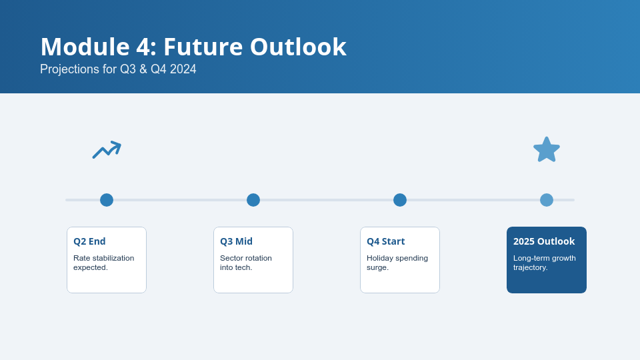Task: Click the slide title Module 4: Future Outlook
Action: click(193, 47)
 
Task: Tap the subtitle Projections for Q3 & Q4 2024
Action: click(118, 69)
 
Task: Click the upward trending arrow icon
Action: click(107, 150)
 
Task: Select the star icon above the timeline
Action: click(547, 150)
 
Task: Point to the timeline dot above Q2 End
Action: click(107, 200)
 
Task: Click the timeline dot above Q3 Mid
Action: click(253, 200)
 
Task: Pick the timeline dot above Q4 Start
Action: click(400, 200)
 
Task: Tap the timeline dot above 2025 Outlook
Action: click(547, 200)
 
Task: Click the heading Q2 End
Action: click(89, 241)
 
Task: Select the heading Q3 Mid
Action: click(236, 241)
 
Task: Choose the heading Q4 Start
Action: click(386, 241)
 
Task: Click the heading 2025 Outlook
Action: click(544, 241)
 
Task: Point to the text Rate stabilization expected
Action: click(104, 263)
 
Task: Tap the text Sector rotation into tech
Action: click(246, 263)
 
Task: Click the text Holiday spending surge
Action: click(397, 263)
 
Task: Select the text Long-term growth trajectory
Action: click(545, 263)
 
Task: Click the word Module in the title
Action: click(85, 47)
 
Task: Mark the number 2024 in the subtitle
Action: click(183, 69)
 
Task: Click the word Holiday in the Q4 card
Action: click(380, 259)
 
